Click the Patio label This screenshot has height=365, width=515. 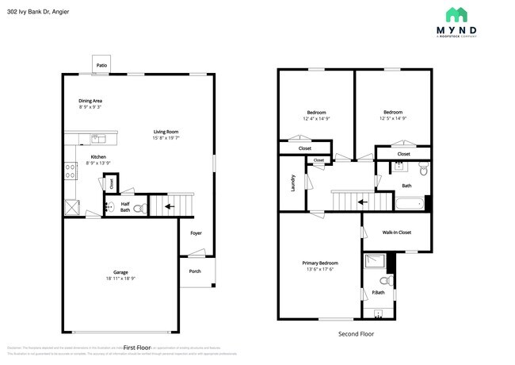tap(101, 65)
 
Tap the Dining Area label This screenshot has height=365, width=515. tap(90, 101)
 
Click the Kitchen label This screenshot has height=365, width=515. tap(98, 156)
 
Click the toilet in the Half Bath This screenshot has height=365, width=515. tap(139, 209)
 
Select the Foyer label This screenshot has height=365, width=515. tap(195, 233)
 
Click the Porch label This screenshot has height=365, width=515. tap(195, 271)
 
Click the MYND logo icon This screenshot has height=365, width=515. tap(456, 14)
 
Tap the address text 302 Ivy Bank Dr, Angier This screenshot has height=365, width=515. tap(40, 10)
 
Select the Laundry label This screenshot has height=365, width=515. tap(292, 183)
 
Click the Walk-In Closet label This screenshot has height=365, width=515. tap(396, 232)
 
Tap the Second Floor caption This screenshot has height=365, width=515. tap(356, 334)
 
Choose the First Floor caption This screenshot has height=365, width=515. tap(137, 348)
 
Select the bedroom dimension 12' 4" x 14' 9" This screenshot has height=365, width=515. tap(316, 118)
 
